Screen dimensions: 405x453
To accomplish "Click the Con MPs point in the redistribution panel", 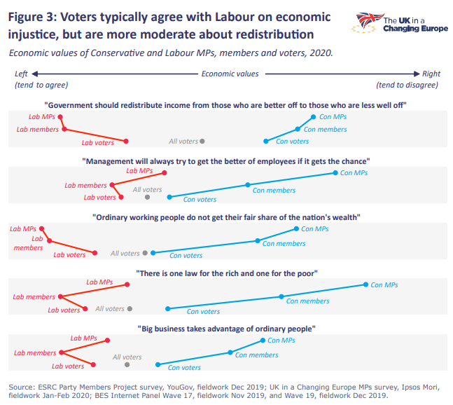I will point(313,117).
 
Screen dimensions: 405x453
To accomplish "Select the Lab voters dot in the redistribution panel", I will point(126,141).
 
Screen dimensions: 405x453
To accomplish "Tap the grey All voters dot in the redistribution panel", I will point(202,141).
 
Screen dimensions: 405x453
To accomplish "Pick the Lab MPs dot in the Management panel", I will point(165,172).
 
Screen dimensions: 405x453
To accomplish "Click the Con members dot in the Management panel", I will point(247,185).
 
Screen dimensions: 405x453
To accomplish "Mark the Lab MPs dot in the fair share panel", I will point(41,228).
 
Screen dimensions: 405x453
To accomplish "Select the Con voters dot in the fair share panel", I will point(153,252).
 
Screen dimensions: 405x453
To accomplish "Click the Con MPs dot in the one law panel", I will point(365,284).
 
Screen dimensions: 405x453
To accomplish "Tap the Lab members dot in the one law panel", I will point(61,296).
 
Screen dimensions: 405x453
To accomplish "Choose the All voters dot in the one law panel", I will point(130,308).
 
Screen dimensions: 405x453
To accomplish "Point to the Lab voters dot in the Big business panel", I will point(95,364).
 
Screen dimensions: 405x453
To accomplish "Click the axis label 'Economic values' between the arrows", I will point(230,74).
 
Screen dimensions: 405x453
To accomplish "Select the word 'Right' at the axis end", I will point(431,74).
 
